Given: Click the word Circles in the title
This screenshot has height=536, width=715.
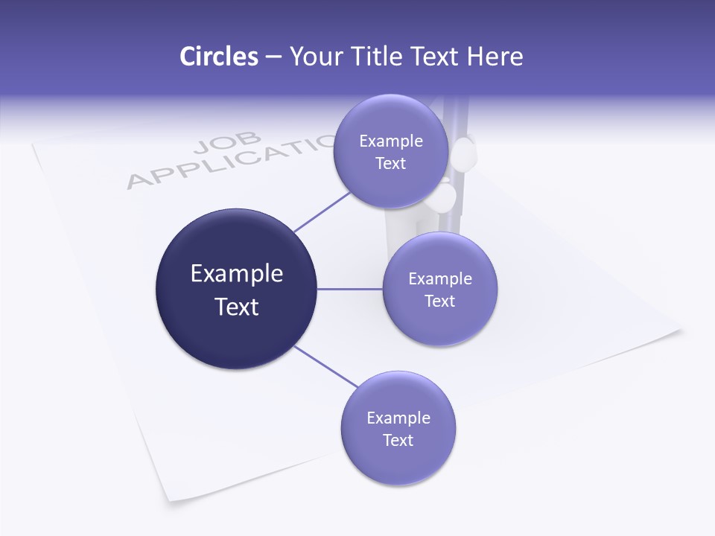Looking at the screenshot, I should pyautogui.click(x=218, y=57).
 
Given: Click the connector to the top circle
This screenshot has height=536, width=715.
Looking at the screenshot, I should pyautogui.click(x=322, y=211).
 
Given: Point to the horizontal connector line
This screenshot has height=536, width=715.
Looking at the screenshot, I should pyautogui.click(x=349, y=289).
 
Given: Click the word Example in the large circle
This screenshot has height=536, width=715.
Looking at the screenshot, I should pyautogui.click(x=237, y=273).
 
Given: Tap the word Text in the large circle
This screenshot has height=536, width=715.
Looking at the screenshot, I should pyautogui.click(x=237, y=307).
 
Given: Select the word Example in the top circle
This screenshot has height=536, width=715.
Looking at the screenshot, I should pyautogui.click(x=391, y=141).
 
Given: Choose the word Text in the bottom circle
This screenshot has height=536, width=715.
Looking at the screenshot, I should pyautogui.click(x=398, y=440).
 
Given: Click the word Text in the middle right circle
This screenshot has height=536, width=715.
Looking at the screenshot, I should pyautogui.click(x=440, y=301).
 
